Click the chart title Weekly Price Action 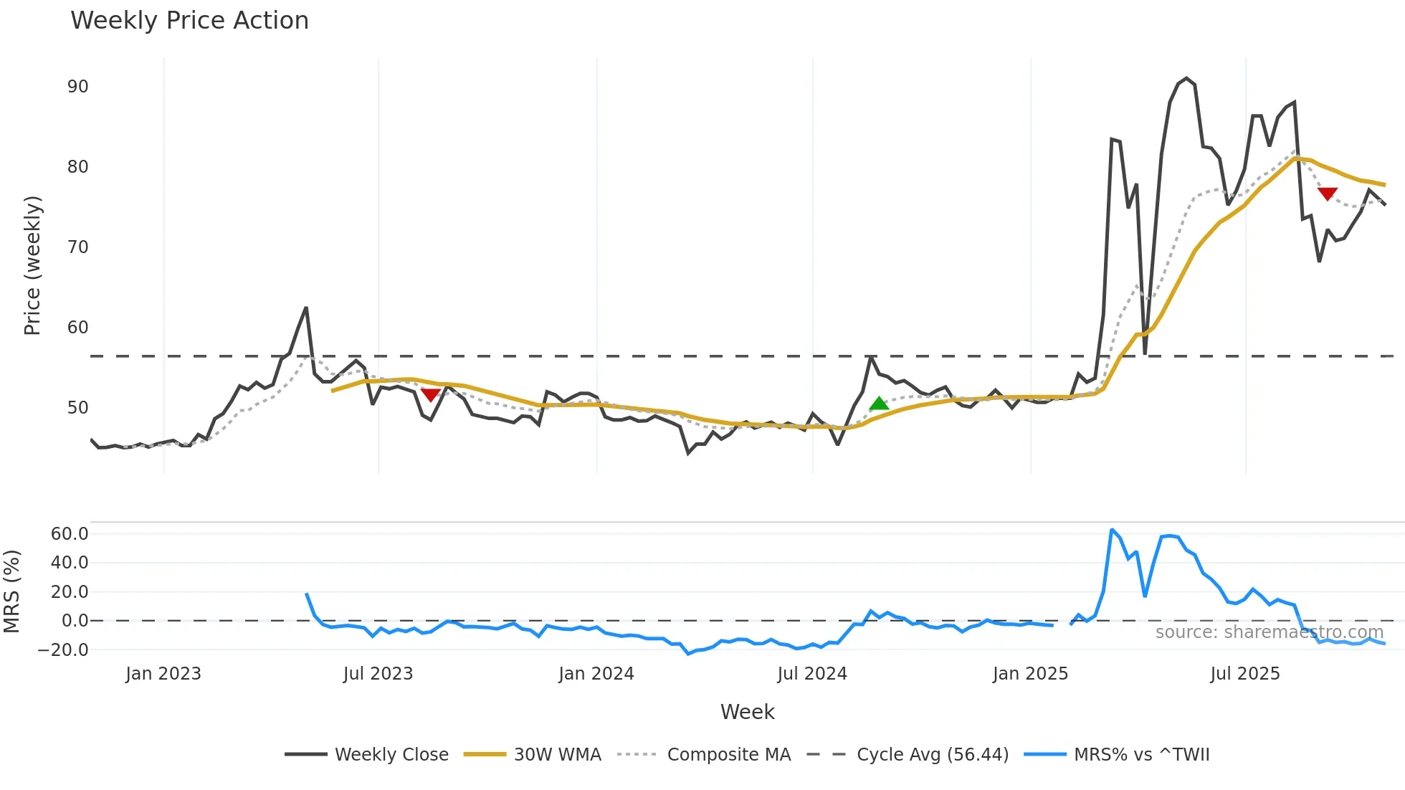point(189,21)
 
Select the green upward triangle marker point(879,404)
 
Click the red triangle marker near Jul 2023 point(430,394)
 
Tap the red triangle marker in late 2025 point(1327,194)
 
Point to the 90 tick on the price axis point(77,87)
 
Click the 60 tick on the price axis point(77,328)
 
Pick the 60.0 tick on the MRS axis point(70,533)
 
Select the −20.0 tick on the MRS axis point(64,650)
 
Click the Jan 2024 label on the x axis point(596,674)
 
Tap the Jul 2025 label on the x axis point(1244,674)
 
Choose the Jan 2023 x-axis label point(163,674)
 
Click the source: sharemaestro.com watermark point(1269,632)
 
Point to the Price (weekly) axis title point(32,265)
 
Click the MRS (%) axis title point(11,591)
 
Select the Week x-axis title point(747,712)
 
